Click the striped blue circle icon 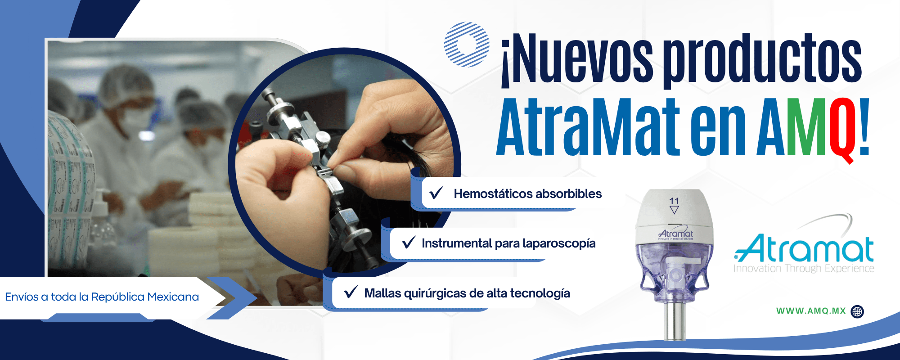(467, 45)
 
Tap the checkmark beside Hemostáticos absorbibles (436, 193)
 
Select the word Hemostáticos (493, 194)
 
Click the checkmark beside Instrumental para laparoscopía (409, 243)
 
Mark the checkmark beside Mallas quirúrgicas (351, 292)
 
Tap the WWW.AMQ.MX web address (811, 311)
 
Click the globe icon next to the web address (858, 311)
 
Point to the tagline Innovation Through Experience (804, 269)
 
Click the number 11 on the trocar (674, 201)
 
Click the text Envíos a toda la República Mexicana (102, 297)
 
